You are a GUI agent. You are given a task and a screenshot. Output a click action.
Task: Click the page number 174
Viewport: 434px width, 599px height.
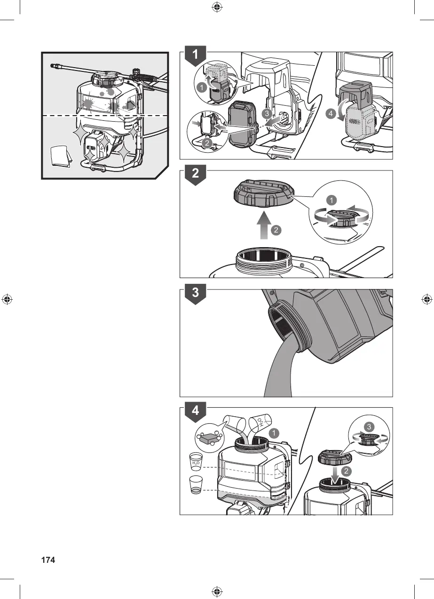point(48,560)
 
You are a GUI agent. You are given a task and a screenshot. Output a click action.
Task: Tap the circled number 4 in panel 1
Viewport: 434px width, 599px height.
point(331,113)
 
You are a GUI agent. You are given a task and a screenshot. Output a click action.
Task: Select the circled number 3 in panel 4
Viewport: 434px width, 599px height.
point(369,427)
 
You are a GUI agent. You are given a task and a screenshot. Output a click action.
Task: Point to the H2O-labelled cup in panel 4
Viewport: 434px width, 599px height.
point(196,462)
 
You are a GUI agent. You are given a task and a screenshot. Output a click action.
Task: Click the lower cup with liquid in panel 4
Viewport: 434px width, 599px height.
point(196,485)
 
